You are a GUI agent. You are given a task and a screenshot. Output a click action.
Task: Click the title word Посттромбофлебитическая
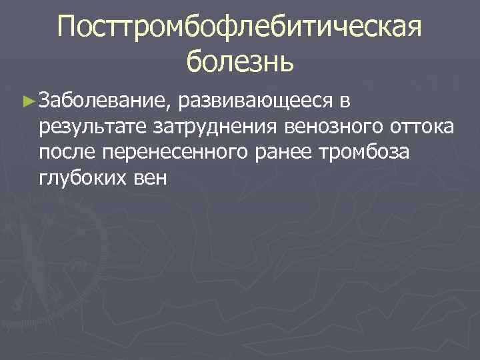pyautogui.click(x=240, y=27)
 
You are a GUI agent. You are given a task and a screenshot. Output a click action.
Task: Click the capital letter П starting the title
pyautogui.click(x=67, y=27)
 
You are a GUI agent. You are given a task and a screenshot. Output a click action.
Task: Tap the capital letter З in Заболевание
pyautogui.click(x=45, y=101)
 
